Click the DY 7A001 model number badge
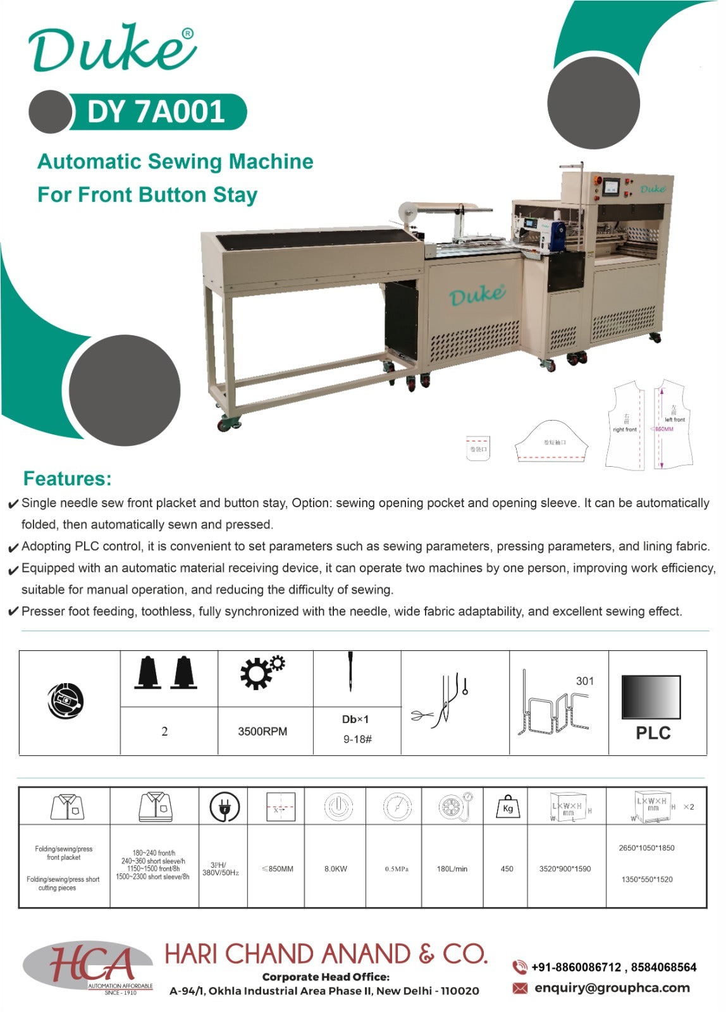coord(156,112)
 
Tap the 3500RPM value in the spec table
coord(262,731)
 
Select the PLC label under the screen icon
coord(653,733)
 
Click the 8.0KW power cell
coord(335,869)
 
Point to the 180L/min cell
coord(452,869)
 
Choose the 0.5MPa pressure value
coord(397,869)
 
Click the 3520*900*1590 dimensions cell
coord(565,869)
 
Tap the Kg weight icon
coord(507,807)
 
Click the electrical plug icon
coord(224,808)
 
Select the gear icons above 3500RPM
coord(262,672)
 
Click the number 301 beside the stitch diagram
coord(585,681)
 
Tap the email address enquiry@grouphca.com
coord(612,988)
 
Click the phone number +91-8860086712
coord(576,967)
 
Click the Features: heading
coord(67,479)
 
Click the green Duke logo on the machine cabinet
coord(477,294)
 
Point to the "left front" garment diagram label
coord(675,419)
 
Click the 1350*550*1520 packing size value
coord(646,879)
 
